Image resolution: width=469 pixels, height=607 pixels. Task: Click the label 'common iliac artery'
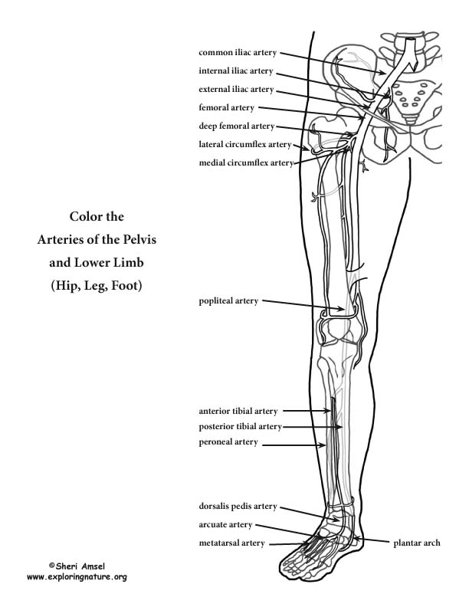(238, 53)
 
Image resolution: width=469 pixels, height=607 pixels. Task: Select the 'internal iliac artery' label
(236, 71)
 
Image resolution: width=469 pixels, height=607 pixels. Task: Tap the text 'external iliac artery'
(236, 90)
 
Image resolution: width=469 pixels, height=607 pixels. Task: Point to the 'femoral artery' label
(226, 107)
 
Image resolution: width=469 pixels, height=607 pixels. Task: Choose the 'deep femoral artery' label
(237, 126)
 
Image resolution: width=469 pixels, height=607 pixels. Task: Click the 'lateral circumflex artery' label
(245, 144)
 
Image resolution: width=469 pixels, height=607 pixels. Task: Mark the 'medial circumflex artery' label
(246, 163)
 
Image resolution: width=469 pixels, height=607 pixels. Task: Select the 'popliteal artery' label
(228, 301)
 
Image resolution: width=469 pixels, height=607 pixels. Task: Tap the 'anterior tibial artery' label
(238, 411)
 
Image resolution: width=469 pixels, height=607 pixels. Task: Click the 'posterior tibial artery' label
(240, 427)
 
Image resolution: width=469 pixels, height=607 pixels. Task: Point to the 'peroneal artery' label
(228, 442)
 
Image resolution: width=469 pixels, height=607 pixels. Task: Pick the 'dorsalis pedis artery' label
(238, 507)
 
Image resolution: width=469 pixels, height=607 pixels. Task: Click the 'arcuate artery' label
(225, 525)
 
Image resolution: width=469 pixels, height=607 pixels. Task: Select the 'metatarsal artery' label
(231, 543)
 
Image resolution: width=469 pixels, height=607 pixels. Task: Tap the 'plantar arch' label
(417, 543)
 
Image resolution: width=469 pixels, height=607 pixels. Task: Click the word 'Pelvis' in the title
(139, 240)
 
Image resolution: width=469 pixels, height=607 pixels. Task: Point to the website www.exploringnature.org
(77, 577)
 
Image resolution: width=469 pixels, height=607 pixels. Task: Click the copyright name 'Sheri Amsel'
(80, 566)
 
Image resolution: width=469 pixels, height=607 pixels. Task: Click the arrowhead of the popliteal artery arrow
(341, 309)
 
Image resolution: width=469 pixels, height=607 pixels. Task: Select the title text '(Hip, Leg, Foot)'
(97, 286)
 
